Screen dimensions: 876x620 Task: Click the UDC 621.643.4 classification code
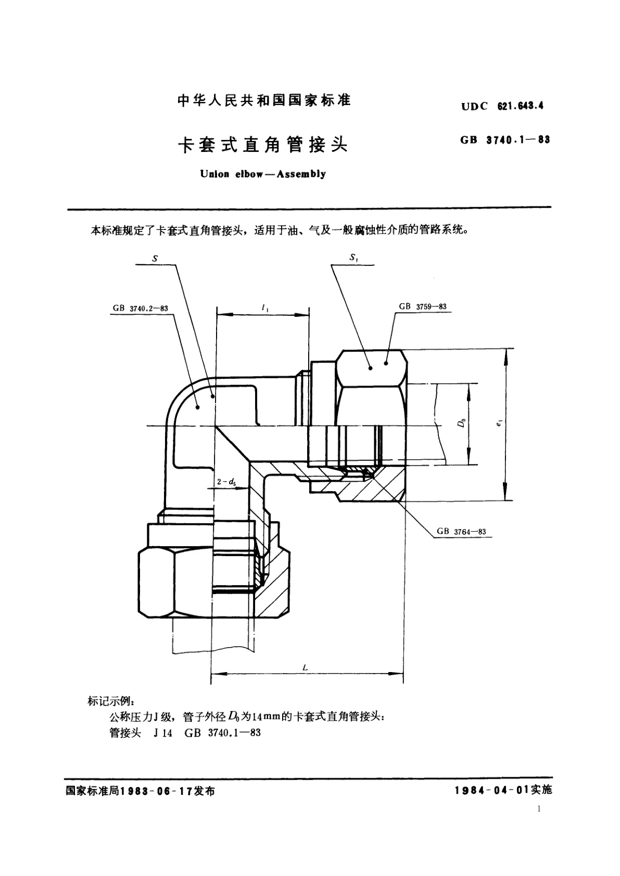pyautogui.click(x=502, y=106)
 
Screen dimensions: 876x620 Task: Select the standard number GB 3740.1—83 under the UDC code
pyautogui.click(x=505, y=139)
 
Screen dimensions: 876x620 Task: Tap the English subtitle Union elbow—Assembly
pyautogui.click(x=263, y=174)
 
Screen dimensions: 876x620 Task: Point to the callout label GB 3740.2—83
pyautogui.click(x=140, y=308)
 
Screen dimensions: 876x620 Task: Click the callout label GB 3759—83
pyautogui.click(x=423, y=306)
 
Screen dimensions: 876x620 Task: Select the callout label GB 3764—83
pyautogui.click(x=461, y=531)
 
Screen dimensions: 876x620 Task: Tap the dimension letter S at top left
pyautogui.click(x=155, y=258)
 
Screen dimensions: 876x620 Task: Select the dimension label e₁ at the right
pyautogui.click(x=499, y=424)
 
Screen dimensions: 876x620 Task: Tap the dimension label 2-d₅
pyautogui.click(x=226, y=482)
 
